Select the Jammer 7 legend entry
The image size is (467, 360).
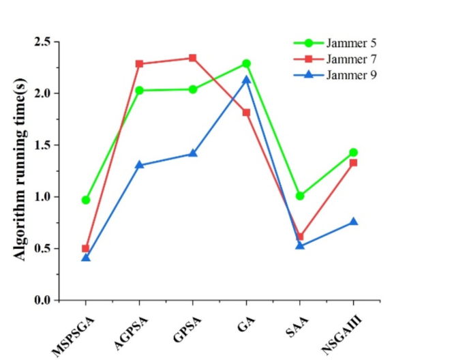[x=349, y=59]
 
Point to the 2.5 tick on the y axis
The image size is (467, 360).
[x=42, y=42]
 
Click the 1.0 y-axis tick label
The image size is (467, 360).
[x=42, y=197]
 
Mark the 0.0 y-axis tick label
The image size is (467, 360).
[x=42, y=301]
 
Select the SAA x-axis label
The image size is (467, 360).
[x=291, y=322]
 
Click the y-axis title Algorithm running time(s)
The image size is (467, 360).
[x=21, y=170]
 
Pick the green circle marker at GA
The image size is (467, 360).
[x=246, y=63]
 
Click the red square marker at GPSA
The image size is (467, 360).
[x=193, y=58]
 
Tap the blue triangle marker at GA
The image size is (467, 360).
[x=246, y=80]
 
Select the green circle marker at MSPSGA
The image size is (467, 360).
[x=86, y=200]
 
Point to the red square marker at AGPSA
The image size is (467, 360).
[x=139, y=64]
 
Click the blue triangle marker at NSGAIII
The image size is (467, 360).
[x=353, y=222]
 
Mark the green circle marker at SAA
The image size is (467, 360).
[x=300, y=196]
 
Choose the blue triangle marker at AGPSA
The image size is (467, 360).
[x=139, y=165]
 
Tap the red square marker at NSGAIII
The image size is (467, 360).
[x=353, y=162]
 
